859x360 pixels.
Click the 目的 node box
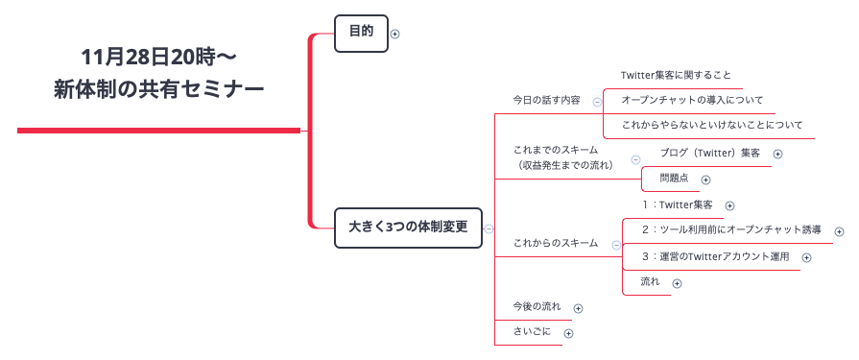[x=360, y=33]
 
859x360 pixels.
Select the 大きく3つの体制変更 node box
[x=407, y=228]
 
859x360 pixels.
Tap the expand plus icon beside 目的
[x=395, y=34]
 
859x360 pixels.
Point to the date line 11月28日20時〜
[x=159, y=55]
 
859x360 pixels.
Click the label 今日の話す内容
[x=546, y=100]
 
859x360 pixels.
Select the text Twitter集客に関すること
[x=676, y=75]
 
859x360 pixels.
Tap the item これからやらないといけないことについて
[x=711, y=125]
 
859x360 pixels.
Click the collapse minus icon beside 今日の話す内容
[x=597, y=101]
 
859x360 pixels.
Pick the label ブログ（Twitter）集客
[x=709, y=153]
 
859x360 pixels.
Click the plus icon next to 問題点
[x=705, y=179]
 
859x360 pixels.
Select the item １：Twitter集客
[x=677, y=204]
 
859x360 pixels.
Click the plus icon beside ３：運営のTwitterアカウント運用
[x=806, y=257]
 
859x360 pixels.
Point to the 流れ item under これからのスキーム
[x=650, y=282]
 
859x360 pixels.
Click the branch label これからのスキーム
[x=556, y=243]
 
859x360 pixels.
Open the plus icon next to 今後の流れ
[x=578, y=308]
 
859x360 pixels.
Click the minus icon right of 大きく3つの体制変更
[x=489, y=228]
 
